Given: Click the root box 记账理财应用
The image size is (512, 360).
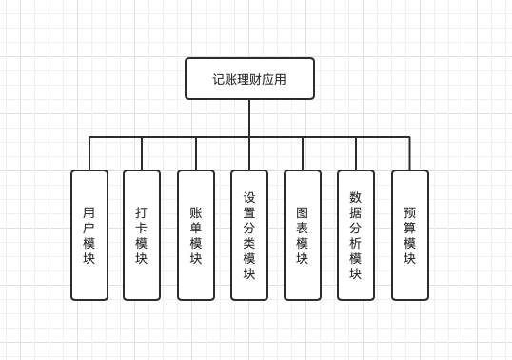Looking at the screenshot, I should click(x=249, y=79).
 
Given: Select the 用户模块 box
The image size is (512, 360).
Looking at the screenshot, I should click(x=89, y=235).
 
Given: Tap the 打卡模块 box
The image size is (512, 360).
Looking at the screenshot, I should click(x=142, y=235).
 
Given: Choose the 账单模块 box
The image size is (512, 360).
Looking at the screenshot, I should click(x=195, y=235).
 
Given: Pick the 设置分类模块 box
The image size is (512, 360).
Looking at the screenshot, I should click(x=249, y=235).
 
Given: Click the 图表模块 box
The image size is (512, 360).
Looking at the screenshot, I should click(x=303, y=235).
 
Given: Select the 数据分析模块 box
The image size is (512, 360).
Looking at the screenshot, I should click(x=356, y=235).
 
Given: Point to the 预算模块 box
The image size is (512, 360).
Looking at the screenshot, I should click(x=409, y=235).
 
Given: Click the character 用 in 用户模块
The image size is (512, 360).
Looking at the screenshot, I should click(x=89, y=212).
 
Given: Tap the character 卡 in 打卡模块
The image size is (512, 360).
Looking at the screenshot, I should click(x=142, y=228).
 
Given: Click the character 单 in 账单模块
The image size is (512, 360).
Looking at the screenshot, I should click(x=195, y=228).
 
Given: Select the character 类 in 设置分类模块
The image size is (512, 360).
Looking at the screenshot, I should click(x=249, y=243).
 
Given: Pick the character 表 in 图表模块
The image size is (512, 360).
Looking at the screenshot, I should click(x=303, y=228).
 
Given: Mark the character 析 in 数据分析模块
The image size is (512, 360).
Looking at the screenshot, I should click(x=356, y=243).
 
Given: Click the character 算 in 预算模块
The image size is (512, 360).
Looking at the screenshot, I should click(x=409, y=228).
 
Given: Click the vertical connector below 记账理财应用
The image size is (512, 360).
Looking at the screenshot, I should click(x=249, y=118).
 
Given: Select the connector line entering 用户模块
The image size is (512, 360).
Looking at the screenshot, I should click(x=89, y=153).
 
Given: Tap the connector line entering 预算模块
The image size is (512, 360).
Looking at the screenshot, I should click(x=409, y=153).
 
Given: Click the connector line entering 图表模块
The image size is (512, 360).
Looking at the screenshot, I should click(x=303, y=153).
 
